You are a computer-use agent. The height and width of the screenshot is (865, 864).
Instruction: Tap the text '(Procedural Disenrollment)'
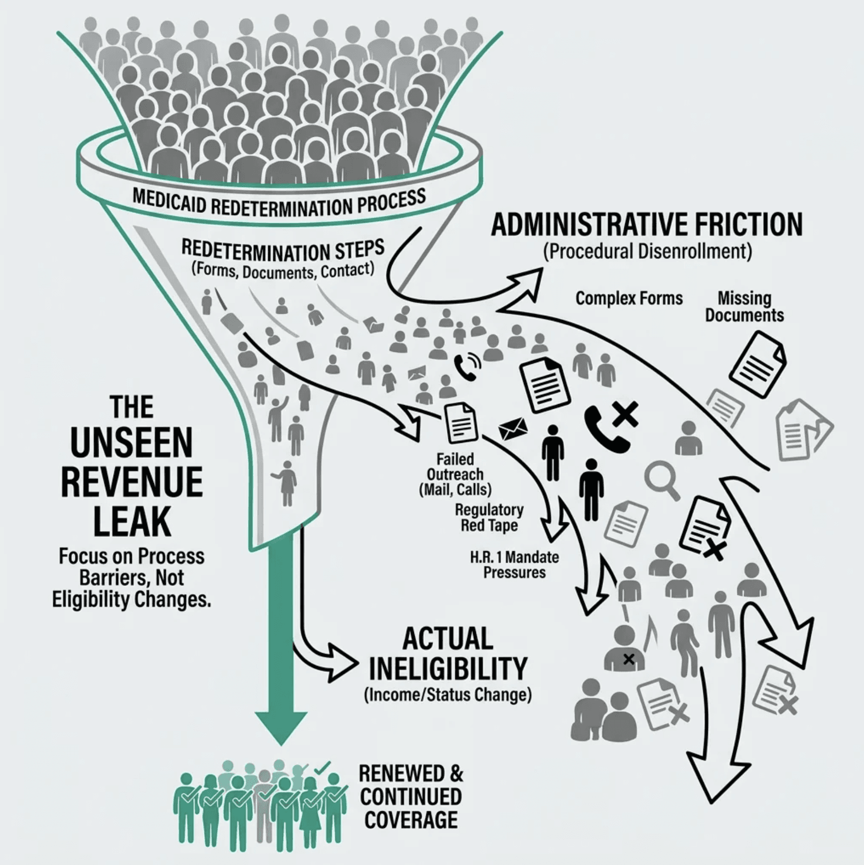coord(647,252)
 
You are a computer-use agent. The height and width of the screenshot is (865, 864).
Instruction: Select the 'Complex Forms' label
coord(629,298)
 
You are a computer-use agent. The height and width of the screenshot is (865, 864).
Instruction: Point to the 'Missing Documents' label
coord(744,306)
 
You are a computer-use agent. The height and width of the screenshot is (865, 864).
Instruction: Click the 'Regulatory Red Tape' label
coord(489,517)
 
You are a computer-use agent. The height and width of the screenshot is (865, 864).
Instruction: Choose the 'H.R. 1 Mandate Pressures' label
coord(514,565)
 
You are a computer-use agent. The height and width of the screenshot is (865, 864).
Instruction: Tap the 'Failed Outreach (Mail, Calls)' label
coord(455,474)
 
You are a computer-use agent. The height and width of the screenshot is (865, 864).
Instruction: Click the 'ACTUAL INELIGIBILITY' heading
coord(448,653)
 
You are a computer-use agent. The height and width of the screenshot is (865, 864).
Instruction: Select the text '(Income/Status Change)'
coord(448,694)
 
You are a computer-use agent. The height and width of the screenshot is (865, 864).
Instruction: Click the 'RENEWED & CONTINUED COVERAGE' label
coord(411,796)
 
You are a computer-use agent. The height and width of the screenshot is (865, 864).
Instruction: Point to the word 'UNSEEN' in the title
coord(131,443)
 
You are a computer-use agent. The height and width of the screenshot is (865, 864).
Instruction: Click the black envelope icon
coord(513,428)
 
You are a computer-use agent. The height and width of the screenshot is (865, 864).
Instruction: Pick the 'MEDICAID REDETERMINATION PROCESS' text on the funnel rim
coord(279,203)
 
